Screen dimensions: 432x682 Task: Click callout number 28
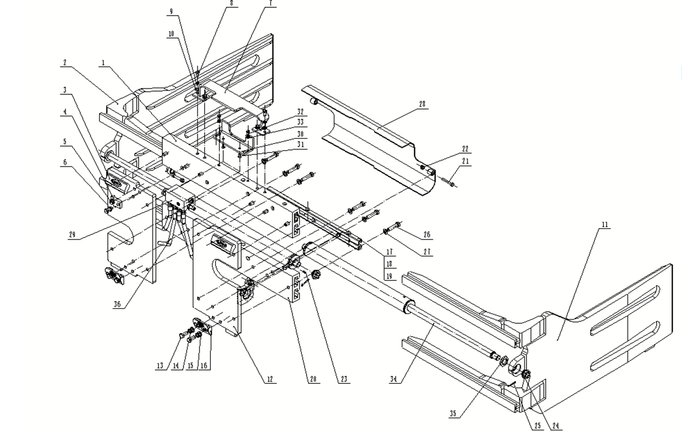pos(422,104)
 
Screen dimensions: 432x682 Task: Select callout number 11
pos(605,224)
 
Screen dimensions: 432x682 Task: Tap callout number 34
pos(394,379)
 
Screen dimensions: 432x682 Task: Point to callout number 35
pos(452,414)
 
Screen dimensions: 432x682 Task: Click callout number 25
pos(538,425)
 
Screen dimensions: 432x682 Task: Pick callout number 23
pos(344,379)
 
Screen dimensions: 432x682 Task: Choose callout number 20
pos(314,379)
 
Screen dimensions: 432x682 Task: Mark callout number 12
pos(270,379)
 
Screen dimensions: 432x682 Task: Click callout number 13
pos(160,366)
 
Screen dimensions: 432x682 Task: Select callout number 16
pos(204,366)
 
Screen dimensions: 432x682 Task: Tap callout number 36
pos(117,304)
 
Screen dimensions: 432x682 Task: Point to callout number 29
pos(72,235)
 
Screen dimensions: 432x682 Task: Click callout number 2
pos(65,63)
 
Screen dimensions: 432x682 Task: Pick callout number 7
pos(270,3)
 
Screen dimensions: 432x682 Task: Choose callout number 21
pos(465,161)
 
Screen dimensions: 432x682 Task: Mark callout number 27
pos(427,252)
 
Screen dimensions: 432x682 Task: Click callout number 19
pos(389,276)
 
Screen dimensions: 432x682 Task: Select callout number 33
pos(300,122)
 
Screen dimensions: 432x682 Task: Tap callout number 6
pos(65,162)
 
